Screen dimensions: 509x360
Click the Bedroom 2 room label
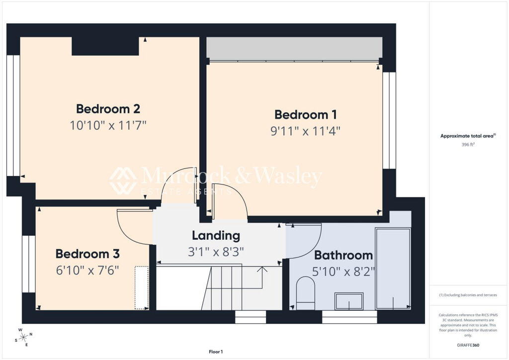[x=108, y=109]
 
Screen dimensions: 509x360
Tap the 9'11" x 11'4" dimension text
[x=306, y=131]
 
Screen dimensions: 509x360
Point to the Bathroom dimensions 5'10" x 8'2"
[x=343, y=271]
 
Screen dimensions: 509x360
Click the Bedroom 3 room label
[x=87, y=254]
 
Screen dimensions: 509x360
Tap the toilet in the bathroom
[x=306, y=293]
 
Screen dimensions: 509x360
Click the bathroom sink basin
[x=349, y=301]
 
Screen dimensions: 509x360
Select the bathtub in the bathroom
[x=393, y=269]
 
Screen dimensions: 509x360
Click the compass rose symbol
[x=23, y=338]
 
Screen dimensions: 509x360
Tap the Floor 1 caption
[x=216, y=352]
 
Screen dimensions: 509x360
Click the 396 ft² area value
[x=468, y=145]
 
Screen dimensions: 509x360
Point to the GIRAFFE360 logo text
[x=468, y=345]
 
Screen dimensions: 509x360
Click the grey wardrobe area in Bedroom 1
[x=294, y=49]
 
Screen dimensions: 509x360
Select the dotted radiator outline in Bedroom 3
[x=142, y=287]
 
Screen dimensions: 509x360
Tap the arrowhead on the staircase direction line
[x=262, y=269]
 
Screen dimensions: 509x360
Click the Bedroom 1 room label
[x=306, y=114]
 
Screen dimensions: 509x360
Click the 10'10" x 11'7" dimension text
[x=108, y=125]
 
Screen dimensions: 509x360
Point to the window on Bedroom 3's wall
[x=28, y=264]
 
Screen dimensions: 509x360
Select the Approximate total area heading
[x=468, y=136]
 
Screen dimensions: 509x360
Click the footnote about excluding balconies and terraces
[x=468, y=295]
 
